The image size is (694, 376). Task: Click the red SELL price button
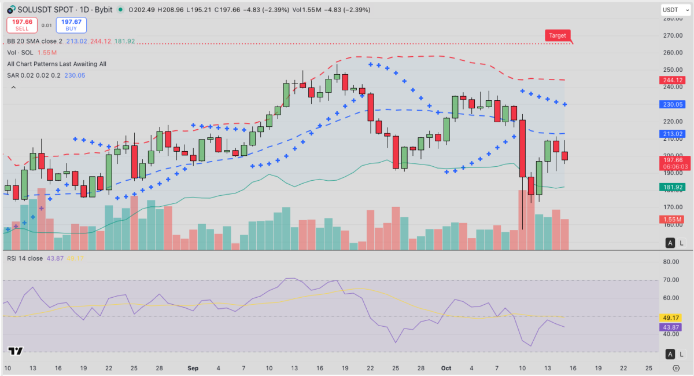pyautogui.click(x=22, y=24)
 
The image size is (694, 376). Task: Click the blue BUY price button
pyautogui.click(x=71, y=24)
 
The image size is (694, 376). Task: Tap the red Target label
pyautogui.click(x=558, y=35)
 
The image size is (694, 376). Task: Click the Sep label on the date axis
pyautogui.click(x=193, y=368)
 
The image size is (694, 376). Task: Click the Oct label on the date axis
pyautogui.click(x=446, y=368)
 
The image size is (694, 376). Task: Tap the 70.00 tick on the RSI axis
pyautogui.click(x=671, y=280)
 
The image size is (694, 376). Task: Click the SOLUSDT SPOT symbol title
pyautogui.click(x=43, y=10)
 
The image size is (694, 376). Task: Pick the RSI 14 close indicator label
pyautogui.click(x=25, y=258)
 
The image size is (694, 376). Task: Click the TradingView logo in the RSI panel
pyautogui.click(x=16, y=351)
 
